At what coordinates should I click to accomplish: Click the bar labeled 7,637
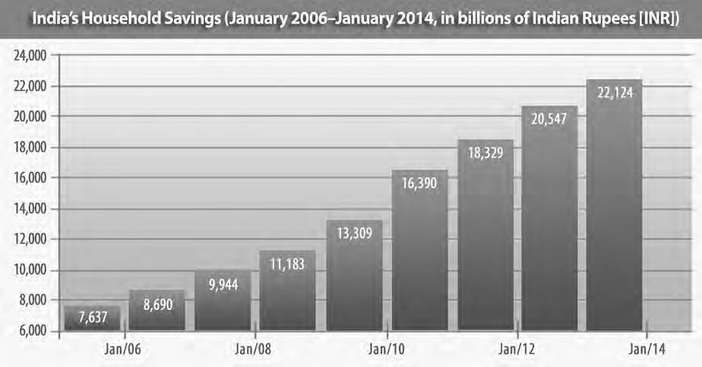pos(92,319)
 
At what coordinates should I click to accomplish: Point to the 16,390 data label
pos(419,182)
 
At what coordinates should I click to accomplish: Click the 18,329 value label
pos(484,152)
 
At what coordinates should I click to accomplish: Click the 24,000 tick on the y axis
pos(30,55)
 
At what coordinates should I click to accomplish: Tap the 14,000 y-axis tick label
pos(30,209)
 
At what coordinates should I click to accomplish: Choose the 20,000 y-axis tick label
pos(30,117)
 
